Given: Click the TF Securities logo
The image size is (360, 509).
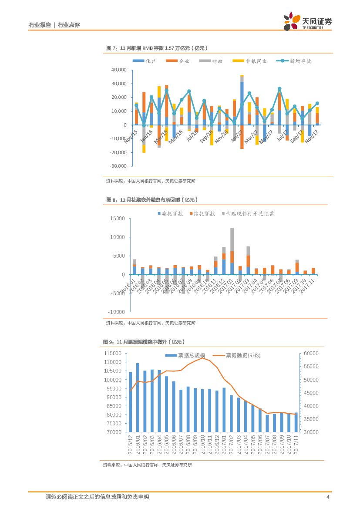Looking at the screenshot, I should pyautogui.click(x=307, y=21).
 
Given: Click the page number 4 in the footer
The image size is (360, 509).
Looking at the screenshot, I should pyautogui.click(x=327, y=497).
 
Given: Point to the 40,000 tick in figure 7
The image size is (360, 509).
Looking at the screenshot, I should pyautogui.click(x=118, y=70).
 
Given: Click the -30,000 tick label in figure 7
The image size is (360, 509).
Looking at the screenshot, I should pyautogui.click(x=118, y=166).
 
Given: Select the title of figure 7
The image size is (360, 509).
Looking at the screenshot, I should pyautogui.click(x=157, y=48).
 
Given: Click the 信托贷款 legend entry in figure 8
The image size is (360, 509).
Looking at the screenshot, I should pyautogui.click(x=203, y=214).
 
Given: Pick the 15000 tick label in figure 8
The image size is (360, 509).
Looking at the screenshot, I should pyautogui.click(x=117, y=218).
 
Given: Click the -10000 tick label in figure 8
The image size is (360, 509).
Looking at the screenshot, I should pyautogui.click(x=116, y=312).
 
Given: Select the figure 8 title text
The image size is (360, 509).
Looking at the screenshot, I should pyautogui.click(x=152, y=200).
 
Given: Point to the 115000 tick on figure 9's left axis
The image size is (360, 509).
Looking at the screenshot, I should pyautogui.click(x=113, y=353).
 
